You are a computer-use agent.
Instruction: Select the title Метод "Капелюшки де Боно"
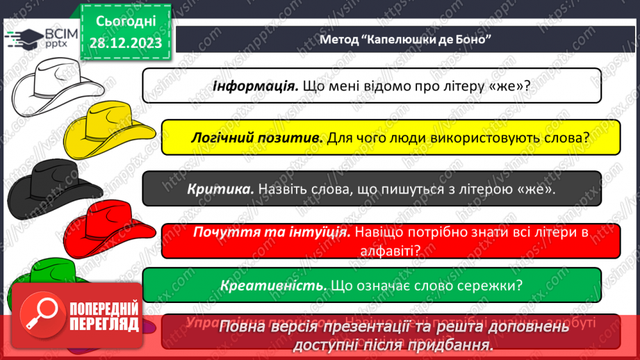[x=406, y=38]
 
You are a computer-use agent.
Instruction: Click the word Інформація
[x=254, y=87]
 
